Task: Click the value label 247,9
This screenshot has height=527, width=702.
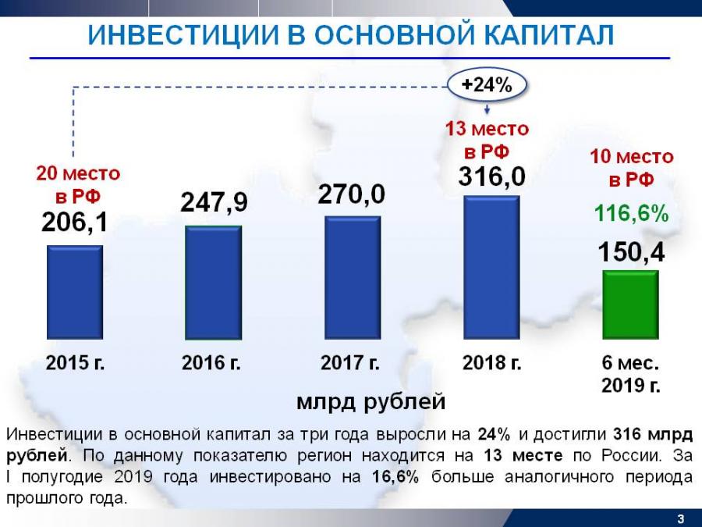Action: (214, 203)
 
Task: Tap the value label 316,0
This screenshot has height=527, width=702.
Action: (491, 176)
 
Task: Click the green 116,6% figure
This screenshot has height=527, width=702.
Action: (631, 214)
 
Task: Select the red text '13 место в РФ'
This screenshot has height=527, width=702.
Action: (487, 139)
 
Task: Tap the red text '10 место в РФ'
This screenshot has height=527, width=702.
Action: (631, 168)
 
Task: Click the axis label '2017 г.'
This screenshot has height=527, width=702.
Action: (350, 363)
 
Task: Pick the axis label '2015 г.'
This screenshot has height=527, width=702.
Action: (75, 363)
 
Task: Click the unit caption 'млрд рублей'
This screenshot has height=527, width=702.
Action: (370, 402)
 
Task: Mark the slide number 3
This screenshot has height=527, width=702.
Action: (680, 518)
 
